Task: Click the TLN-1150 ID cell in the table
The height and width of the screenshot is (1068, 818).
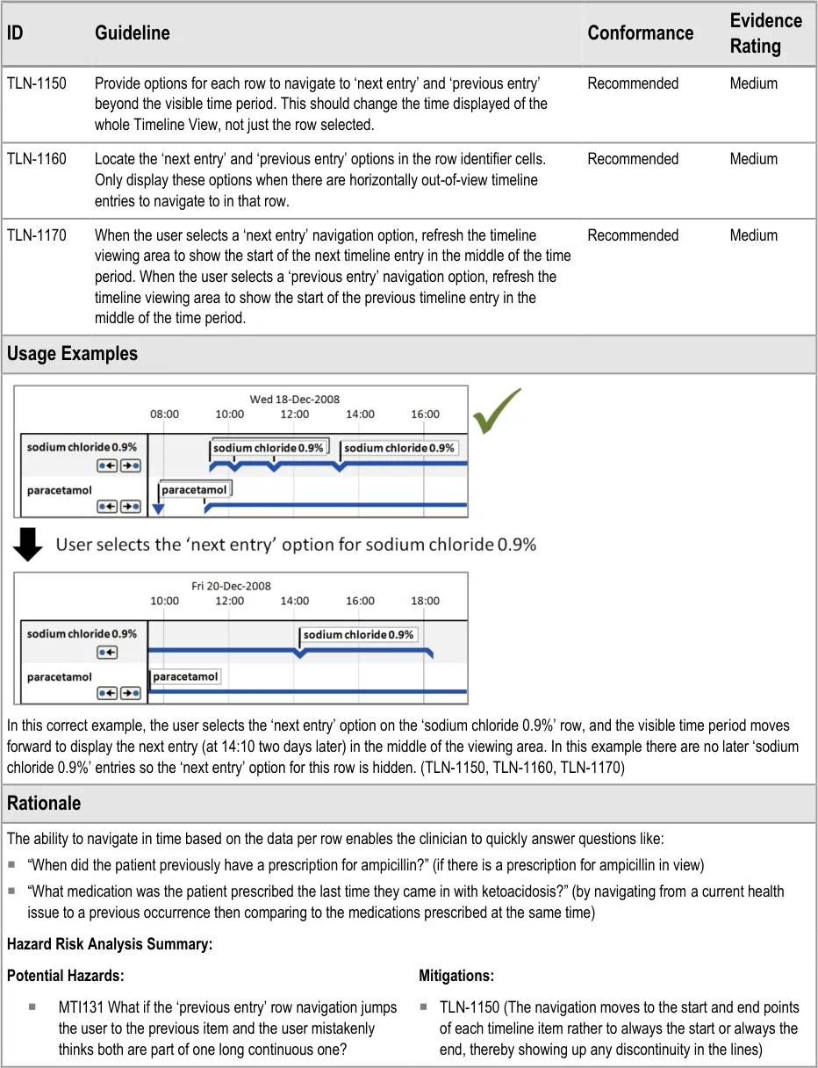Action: click(x=36, y=83)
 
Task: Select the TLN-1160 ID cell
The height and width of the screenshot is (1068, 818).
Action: click(x=36, y=159)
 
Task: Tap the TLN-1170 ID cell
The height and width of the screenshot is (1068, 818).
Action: click(x=36, y=235)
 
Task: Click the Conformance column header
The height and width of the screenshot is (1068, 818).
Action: click(x=640, y=33)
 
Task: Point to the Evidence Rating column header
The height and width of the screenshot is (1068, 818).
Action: click(x=765, y=33)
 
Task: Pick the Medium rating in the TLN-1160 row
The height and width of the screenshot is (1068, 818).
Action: click(x=753, y=159)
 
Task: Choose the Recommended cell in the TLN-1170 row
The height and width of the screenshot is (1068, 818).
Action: click(x=633, y=235)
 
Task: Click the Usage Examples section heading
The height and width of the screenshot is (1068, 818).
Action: click(x=72, y=354)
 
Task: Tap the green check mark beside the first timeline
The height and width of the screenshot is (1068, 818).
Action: click(x=497, y=411)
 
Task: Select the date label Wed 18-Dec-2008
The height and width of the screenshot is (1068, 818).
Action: click(x=294, y=399)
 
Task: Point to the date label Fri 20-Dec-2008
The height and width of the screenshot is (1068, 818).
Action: click(x=231, y=586)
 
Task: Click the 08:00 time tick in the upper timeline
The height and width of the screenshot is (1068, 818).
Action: click(x=164, y=414)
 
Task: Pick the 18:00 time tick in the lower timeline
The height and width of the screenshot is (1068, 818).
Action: click(x=425, y=601)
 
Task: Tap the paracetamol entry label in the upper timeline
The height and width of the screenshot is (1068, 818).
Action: click(x=194, y=489)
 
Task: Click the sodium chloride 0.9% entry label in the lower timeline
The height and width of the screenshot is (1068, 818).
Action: click(x=358, y=634)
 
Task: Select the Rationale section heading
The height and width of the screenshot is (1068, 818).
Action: click(x=44, y=803)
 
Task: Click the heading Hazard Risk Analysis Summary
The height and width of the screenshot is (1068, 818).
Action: click(x=110, y=945)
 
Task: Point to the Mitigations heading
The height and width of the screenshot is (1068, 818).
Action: click(x=456, y=975)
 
